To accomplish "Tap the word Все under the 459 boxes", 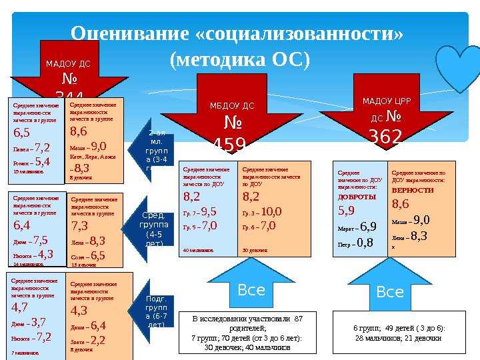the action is pyautogui.click(x=251, y=290).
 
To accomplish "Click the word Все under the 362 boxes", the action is pyautogui.click(x=390, y=291).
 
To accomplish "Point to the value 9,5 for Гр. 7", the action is pyautogui.click(x=208, y=212).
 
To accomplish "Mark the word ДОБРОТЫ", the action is pyautogui.click(x=357, y=197).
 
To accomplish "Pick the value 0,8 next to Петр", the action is pyautogui.click(x=364, y=241).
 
